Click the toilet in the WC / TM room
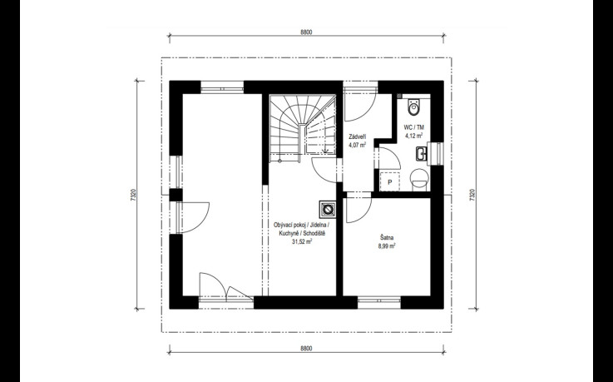(413, 107)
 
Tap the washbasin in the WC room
(422, 154)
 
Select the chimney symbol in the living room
(328, 209)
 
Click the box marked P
(390, 181)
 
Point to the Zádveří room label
(358, 136)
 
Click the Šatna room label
(387, 237)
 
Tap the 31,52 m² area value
(302, 241)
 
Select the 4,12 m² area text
(413, 136)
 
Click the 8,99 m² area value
(387, 246)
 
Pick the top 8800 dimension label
(306, 32)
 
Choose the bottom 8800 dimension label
(306, 349)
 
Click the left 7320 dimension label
(133, 195)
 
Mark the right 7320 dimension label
(472, 195)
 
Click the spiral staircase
(303, 125)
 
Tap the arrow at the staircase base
(324, 149)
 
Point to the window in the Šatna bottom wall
(379, 300)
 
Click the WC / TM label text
(413, 127)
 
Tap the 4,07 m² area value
(358, 145)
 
